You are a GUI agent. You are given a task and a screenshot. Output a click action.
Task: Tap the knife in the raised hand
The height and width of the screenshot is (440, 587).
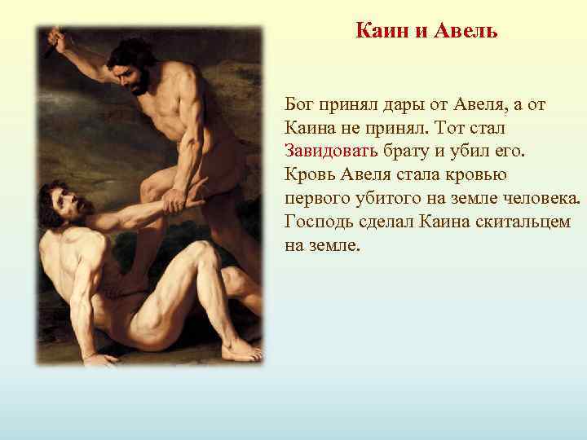pos(52,46)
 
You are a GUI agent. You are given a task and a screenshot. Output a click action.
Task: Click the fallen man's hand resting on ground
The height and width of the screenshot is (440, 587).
pos(99,359)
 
